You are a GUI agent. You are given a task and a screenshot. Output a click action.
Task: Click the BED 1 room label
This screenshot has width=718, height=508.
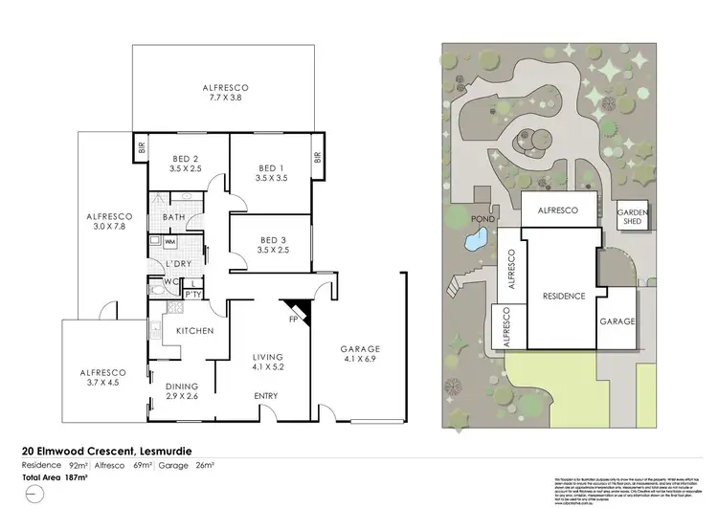[x=271, y=171]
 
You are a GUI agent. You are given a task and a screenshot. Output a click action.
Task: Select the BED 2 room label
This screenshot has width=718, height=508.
[x=187, y=164]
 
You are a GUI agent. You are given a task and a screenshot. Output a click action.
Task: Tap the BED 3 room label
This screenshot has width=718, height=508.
[x=273, y=245]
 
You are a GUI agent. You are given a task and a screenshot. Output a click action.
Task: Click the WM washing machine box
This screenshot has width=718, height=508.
[x=156, y=241]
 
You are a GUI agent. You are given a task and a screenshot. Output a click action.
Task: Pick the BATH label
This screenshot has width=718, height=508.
[x=173, y=217]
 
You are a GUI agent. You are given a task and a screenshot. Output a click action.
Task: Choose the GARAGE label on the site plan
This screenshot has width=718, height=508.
[x=617, y=321]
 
